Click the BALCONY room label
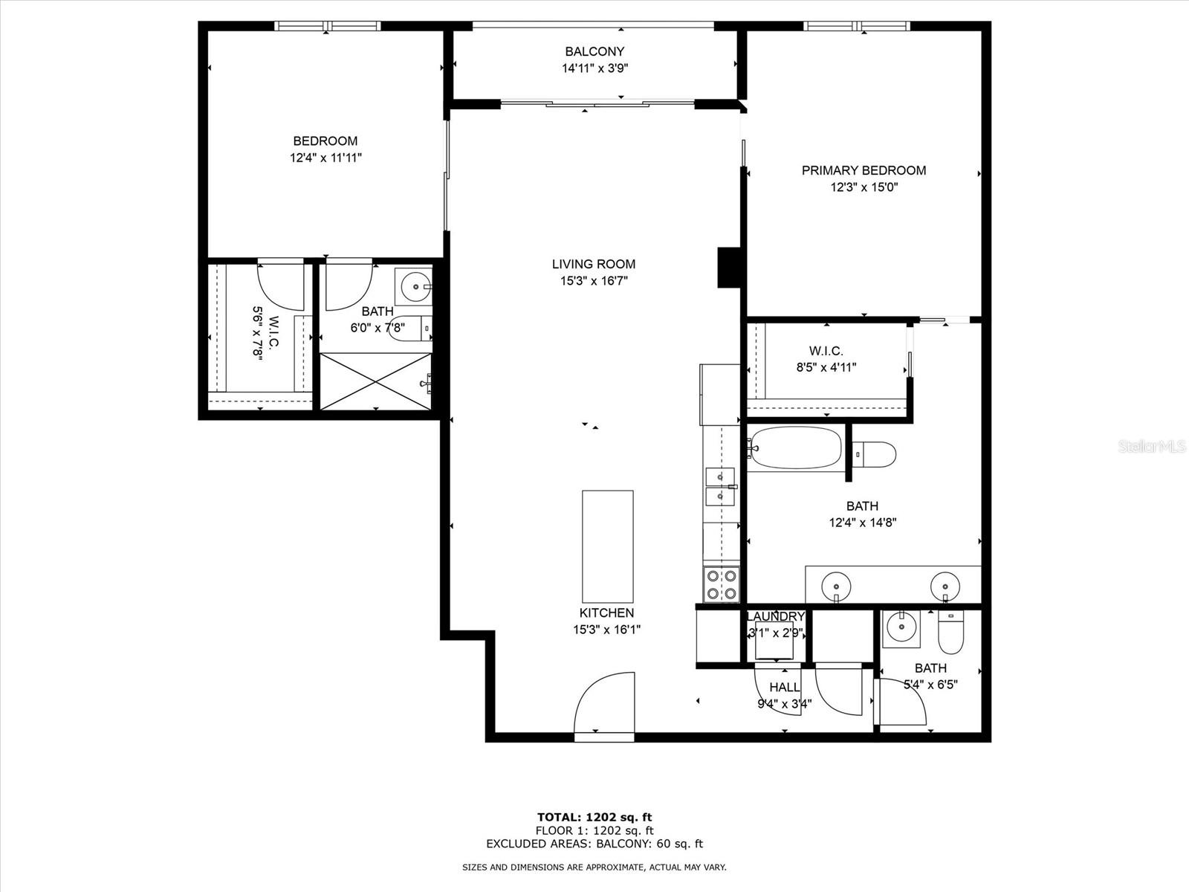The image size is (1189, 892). coord(594,51)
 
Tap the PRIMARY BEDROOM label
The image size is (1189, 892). coord(864,171)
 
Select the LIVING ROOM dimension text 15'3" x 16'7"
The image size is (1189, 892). coord(594,281)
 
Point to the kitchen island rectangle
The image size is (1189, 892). coord(608,546)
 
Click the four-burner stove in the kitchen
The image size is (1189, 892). coord(722,584)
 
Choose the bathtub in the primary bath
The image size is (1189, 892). coord(795,448)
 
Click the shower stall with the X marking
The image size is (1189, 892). coord(376,381)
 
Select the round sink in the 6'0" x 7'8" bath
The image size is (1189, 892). coord(415,285)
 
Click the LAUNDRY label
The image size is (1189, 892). coord(775,617)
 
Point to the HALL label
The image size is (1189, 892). coord(784,688)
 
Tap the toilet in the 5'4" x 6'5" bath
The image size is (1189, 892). coord(950,632)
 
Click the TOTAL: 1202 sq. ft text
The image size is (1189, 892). coord(594,817)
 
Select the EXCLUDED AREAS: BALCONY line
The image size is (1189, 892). coord(594,844)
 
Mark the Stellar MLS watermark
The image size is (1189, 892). coord(1151,447)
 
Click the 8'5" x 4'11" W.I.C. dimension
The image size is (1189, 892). coord(826,368)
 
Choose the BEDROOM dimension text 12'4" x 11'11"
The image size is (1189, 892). coord(325,158)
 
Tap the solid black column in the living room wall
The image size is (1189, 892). coord(729,268)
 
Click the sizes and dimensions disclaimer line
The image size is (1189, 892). coord(594,867)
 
